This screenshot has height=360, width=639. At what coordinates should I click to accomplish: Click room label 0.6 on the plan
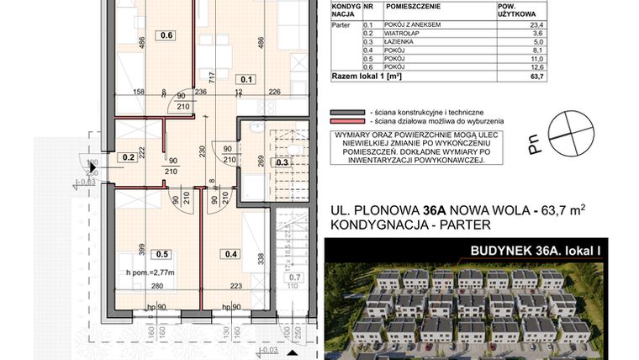point(166,35)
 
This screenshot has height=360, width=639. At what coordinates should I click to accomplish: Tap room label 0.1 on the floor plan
point(246,80)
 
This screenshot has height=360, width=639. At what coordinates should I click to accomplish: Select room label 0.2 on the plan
point(129,156)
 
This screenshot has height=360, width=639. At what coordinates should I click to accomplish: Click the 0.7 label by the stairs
point(294,277)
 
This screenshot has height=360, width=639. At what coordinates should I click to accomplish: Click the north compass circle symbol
point(571,131)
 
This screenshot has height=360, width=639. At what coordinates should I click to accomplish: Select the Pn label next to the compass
point(535,147)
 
